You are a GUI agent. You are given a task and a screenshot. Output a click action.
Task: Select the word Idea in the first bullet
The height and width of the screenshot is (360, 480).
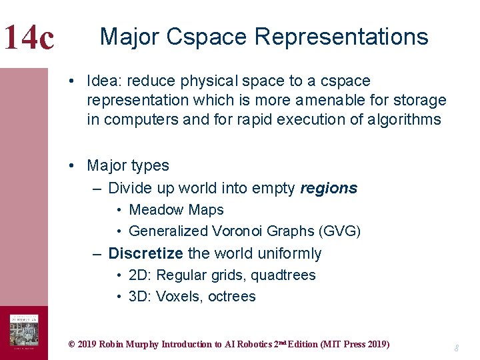point(104,81)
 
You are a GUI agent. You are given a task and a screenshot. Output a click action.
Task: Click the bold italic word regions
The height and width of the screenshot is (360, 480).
point(329,189)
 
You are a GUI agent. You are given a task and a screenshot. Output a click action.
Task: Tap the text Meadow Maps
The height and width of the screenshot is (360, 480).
point(176,210)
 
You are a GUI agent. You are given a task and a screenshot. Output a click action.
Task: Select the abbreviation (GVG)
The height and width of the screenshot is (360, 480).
point(340,231)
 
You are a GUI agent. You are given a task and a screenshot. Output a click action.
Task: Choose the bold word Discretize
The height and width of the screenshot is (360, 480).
point(145,254)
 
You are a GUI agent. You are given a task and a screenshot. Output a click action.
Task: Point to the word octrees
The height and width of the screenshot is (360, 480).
point(232,297)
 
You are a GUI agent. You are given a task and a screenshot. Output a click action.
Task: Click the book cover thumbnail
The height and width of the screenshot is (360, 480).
point(24,332)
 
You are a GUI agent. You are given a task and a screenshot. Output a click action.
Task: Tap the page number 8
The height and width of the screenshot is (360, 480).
point(457,348)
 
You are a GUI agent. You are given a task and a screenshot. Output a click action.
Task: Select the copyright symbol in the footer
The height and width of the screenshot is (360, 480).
point(72,345)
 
